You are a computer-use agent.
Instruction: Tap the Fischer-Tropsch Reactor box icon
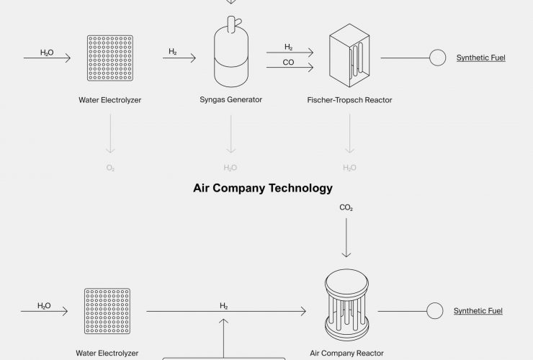349,55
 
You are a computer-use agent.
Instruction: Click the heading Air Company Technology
263,189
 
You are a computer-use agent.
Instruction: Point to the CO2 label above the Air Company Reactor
346,208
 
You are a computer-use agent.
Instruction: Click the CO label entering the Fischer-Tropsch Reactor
288,63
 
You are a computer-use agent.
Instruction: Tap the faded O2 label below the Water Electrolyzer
110,168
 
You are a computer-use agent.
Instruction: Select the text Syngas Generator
230,100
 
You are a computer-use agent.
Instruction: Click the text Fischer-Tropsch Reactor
349,100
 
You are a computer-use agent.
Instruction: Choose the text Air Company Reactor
346,354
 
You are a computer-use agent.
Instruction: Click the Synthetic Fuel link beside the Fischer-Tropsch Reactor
480,57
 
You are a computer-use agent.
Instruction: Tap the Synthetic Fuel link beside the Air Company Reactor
478,311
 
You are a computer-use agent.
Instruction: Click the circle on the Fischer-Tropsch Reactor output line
437,57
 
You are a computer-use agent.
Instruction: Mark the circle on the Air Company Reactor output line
434,311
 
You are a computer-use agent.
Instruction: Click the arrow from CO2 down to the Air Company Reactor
346,238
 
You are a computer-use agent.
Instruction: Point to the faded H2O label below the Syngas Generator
230,168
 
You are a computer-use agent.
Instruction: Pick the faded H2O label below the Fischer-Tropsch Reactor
349,168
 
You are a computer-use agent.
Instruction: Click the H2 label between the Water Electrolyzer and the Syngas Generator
173,51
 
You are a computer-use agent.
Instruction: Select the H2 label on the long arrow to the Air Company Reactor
224,306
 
